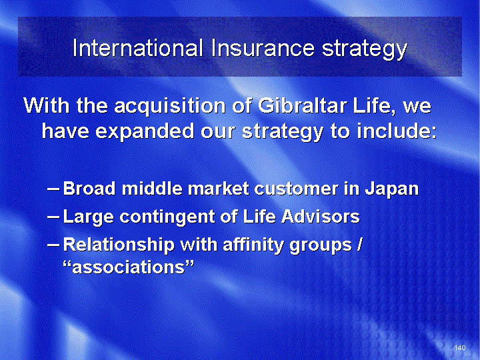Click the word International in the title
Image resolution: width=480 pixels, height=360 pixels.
(x=138, y=48)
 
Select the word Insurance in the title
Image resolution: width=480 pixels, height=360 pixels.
(x=263, y=48)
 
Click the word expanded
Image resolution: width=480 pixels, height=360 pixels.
(x=145, y=131)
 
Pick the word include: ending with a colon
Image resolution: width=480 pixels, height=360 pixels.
(x=397, y=131)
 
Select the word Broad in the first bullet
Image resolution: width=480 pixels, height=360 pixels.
(x=89, y=188)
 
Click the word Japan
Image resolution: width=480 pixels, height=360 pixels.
(x=391, y=189)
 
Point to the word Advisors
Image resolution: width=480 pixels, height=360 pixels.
(x=321, y=216)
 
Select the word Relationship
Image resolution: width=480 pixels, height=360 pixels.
(x=119, y=245)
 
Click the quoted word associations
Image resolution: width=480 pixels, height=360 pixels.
(x=129, y=267)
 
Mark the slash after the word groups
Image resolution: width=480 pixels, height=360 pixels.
(x=359, y=245)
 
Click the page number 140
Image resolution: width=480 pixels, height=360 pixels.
(x=460, y=347)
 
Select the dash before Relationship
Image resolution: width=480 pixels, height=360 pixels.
(x=53, y=245)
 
